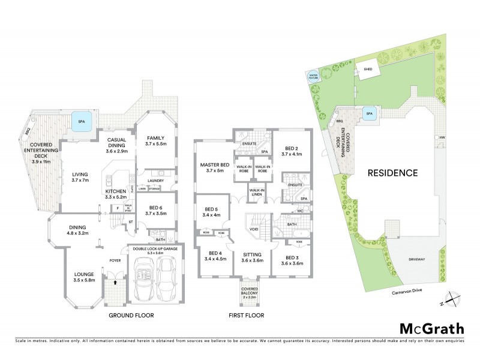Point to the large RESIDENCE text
click(x=393, y=173)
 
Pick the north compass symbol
click(x=455, y=299)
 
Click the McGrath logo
click(x=432, y=328)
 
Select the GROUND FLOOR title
click(x=131, y=315)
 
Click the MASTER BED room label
click(x=214, y=165)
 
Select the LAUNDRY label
click(x=155, y=179)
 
